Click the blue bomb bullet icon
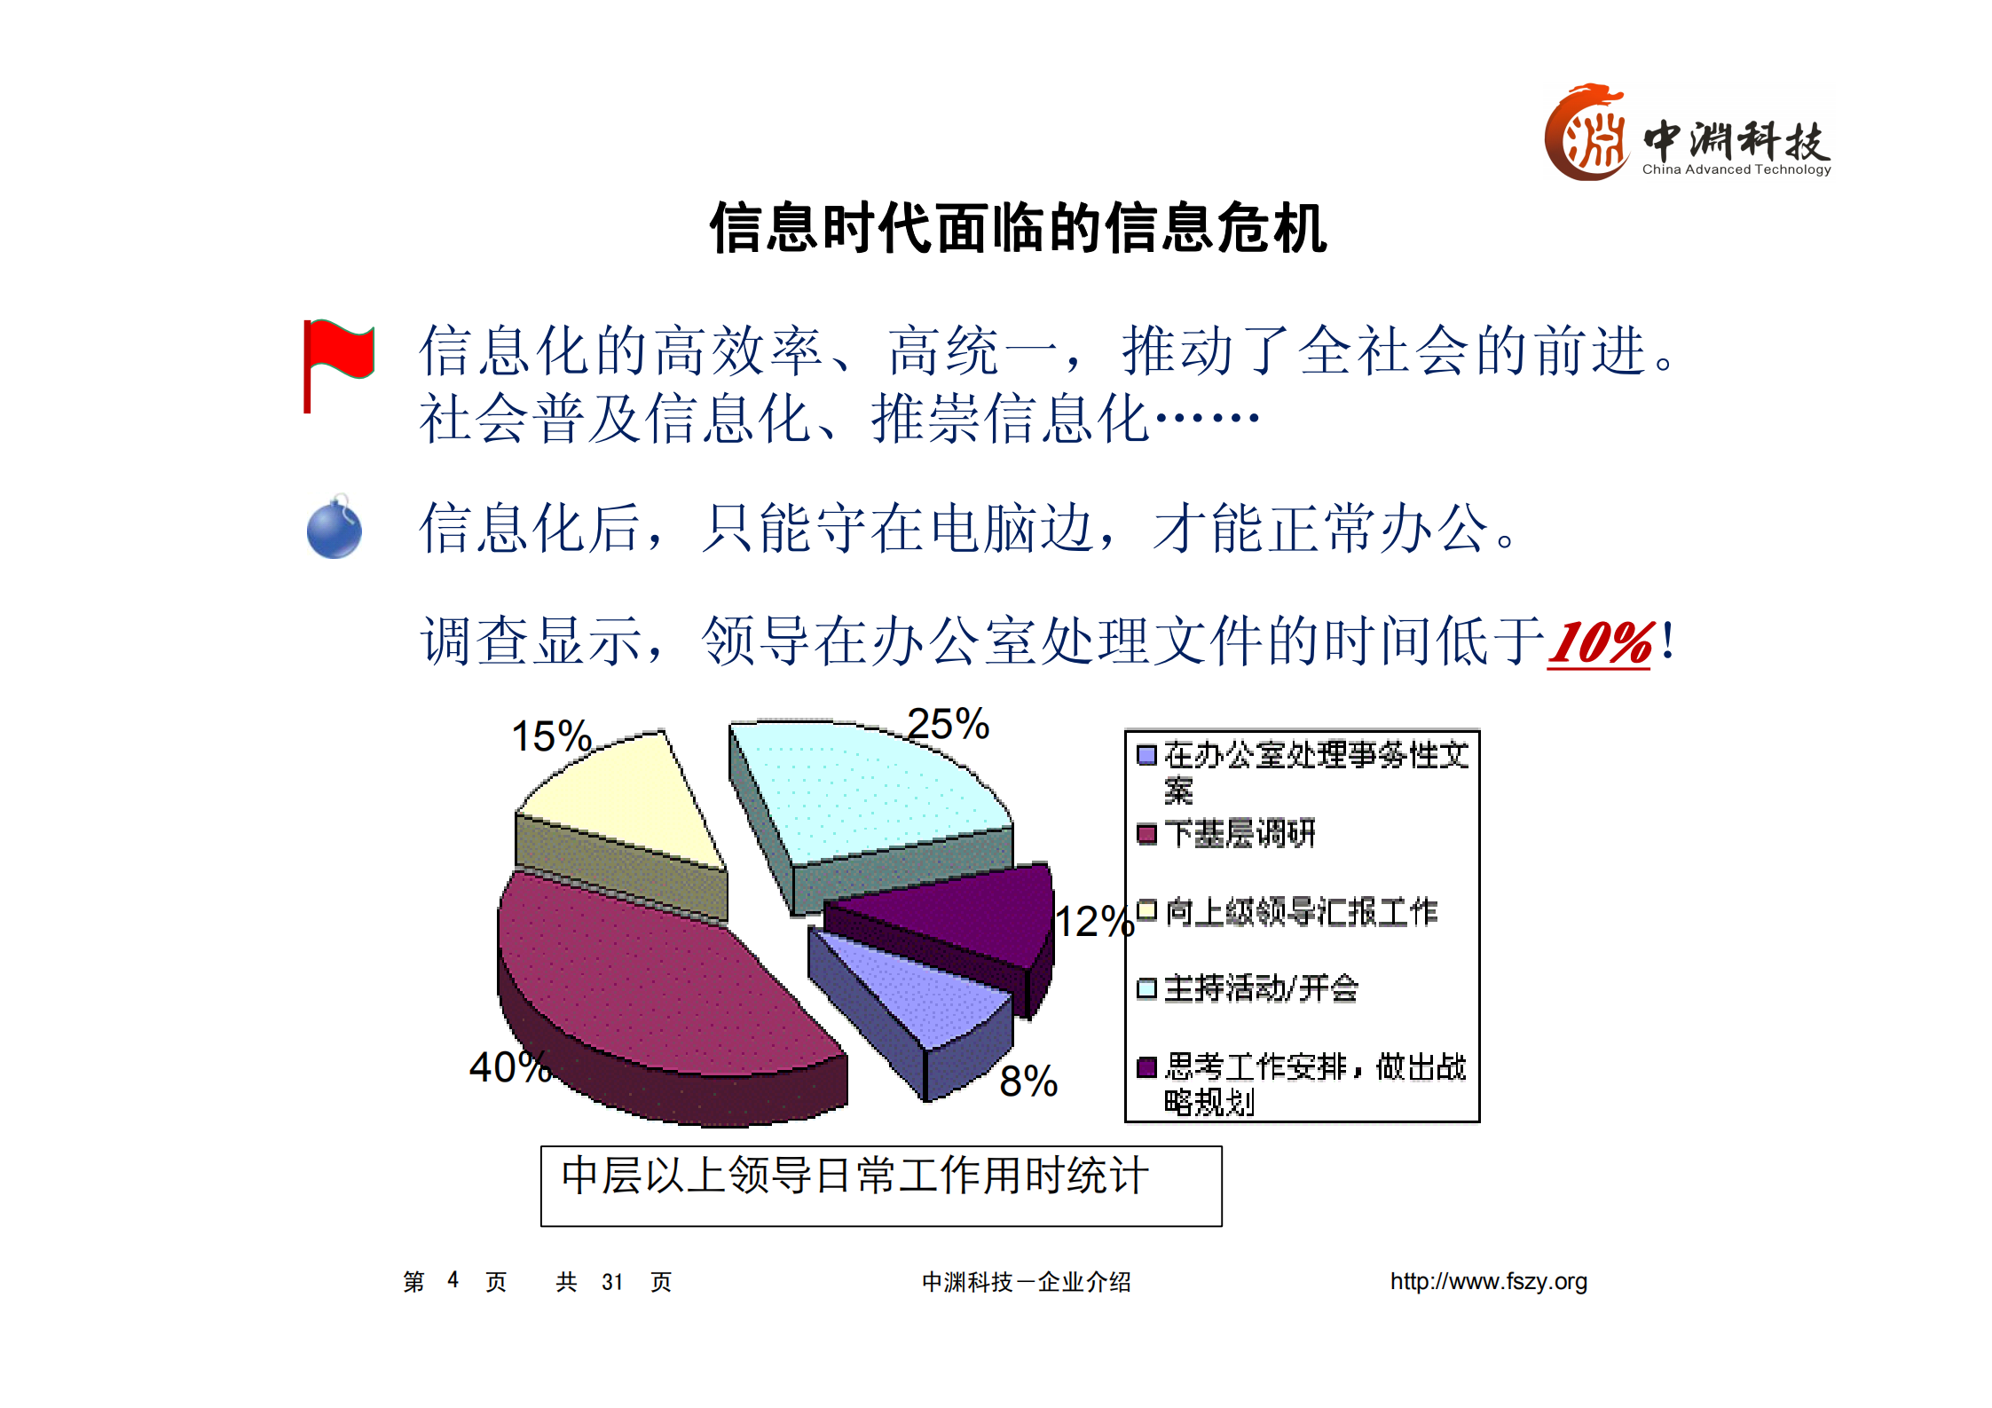334,529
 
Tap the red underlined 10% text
1599,643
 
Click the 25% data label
948,725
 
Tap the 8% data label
1028,1082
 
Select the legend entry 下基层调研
1240,834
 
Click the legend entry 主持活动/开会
1260,988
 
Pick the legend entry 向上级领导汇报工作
1300,912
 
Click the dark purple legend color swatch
1146,1066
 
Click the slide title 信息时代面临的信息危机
1018,229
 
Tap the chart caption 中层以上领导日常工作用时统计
854,1176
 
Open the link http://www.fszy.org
1488,1281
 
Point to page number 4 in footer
453,1280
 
